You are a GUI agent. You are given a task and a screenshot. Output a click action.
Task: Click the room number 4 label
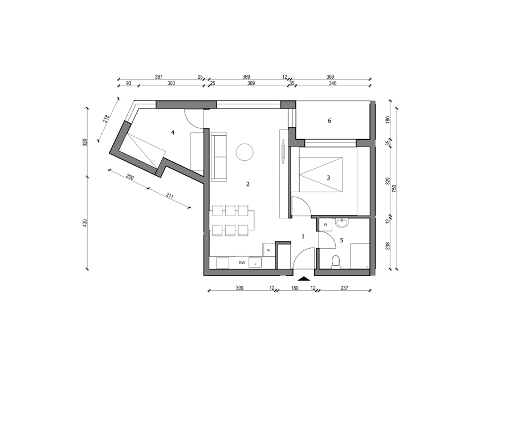pos(173,133)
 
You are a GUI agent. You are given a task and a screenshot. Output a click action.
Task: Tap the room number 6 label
pos(329,121)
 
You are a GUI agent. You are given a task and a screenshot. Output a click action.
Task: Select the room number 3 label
pos(328,178)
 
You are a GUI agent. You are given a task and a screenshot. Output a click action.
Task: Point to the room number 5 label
pos(341,241)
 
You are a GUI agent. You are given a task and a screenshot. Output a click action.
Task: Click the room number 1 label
pos(303,236)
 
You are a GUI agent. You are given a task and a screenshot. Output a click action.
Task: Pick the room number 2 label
pos(248,184)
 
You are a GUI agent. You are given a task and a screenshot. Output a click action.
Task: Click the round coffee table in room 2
pos(245,152)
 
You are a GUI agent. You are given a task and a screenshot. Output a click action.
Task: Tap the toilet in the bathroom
pos(336,262)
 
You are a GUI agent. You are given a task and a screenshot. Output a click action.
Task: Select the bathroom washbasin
pos(342,222)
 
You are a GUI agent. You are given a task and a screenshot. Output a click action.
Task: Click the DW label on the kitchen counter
pos(242,262)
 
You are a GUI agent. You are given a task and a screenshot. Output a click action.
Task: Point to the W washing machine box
pos(325,225)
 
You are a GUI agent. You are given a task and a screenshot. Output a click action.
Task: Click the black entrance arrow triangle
pos(304,279)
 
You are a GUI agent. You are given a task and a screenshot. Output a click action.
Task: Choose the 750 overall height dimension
pos(394,188)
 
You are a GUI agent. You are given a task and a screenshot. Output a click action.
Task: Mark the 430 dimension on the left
pos(85,224)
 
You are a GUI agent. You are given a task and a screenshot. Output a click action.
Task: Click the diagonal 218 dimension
pos(105,119)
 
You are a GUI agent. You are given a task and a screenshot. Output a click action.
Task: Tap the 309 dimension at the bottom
pos(240,288)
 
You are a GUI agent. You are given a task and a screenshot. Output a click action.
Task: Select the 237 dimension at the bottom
pos(344,288)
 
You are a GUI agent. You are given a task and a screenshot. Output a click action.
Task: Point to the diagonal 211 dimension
pos(169,196)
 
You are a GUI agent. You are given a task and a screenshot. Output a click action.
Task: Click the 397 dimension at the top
pos(158,77)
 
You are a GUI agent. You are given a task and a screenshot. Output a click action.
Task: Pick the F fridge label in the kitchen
pos(269,250)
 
